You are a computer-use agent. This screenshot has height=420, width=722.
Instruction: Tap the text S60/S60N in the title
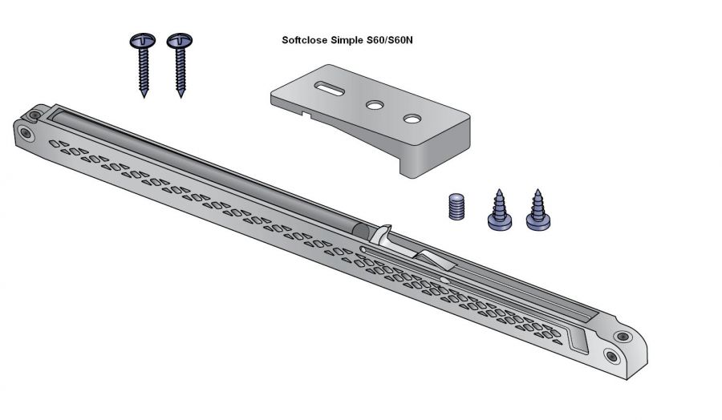(x=390, y=40)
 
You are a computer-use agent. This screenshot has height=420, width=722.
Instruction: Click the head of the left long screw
(x=142, y=41)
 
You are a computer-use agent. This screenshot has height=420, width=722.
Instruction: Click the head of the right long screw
(x=180, y=41)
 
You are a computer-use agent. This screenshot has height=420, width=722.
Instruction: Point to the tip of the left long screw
(x=144, y=97)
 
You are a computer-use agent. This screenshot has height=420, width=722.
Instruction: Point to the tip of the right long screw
(x=181, y=97)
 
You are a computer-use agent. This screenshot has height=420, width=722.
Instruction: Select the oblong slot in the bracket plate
(x=329, y=88)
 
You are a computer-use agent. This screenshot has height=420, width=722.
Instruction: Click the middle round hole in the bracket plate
(x=375, y=105)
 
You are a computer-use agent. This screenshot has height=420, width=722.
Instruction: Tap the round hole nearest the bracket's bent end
(x=412, y=119)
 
